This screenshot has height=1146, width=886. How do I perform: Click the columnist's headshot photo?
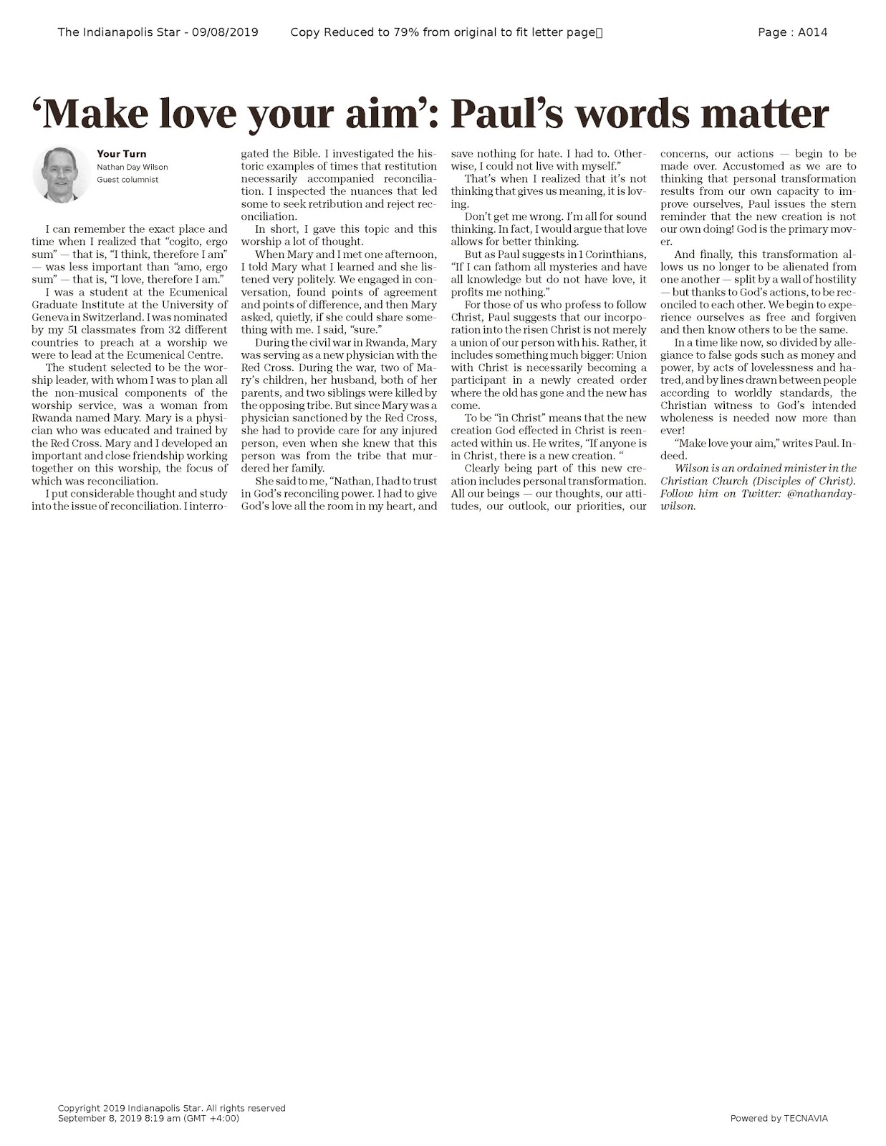60,173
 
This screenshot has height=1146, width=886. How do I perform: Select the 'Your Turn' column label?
121,153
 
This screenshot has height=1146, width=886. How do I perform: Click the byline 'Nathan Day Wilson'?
132,167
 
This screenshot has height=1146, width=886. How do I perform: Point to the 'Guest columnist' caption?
127,180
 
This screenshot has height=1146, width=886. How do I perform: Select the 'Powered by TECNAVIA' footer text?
779,1118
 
